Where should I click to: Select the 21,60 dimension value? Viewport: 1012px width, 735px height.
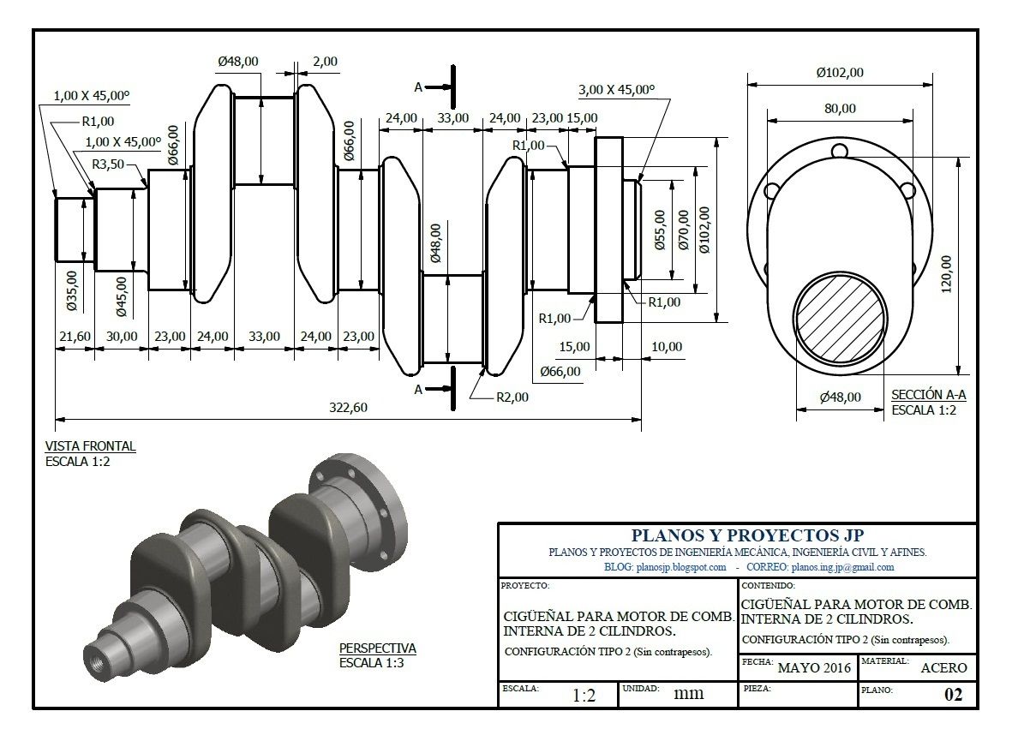tap(73, 337)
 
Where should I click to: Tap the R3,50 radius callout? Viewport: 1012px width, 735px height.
tap(109, 164)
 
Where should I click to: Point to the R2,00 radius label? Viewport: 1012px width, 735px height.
tap(512, 397)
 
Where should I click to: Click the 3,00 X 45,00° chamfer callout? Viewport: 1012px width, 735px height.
tap(616, 89)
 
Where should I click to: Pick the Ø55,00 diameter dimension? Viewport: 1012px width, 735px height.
tap(659, 230)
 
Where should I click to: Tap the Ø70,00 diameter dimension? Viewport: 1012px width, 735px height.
tap(682, 230)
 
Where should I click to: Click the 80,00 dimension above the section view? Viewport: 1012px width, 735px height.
tap(840, 108)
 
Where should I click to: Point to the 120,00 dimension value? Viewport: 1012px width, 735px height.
tap(945, 272)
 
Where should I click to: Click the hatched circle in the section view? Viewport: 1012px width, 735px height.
tap(839, 320)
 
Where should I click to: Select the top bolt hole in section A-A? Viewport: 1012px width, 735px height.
tap(840, 152)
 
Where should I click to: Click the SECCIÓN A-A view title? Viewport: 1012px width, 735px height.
tap(929, 395)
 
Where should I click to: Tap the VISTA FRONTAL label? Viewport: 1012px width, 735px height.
tap(90, 446)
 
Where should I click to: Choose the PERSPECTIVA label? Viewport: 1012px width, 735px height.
tap(377, 648)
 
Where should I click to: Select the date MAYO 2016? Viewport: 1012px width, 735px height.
tap(813, 668)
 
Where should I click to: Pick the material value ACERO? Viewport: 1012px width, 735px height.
tap(943, 668)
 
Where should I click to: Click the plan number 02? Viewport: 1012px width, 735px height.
tap(953, 695)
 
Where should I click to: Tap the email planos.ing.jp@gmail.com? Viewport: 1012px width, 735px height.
tap(842, 567)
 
